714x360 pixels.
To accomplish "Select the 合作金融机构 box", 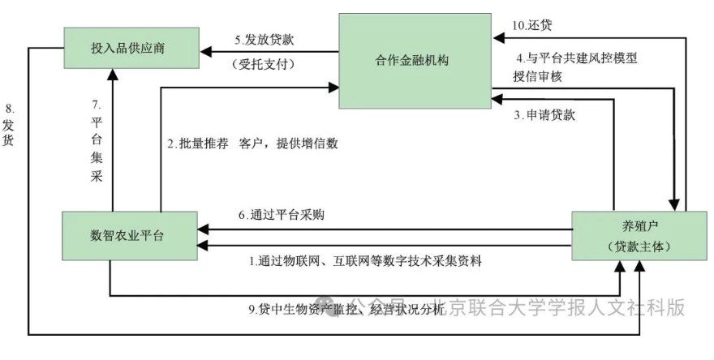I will click(x=415, y=60).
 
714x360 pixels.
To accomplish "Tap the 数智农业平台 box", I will click(x=127, y=236).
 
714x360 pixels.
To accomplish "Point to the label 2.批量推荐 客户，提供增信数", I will click(x=252, y=144).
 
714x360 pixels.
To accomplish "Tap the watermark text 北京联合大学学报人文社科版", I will click(x=559, y=307).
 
